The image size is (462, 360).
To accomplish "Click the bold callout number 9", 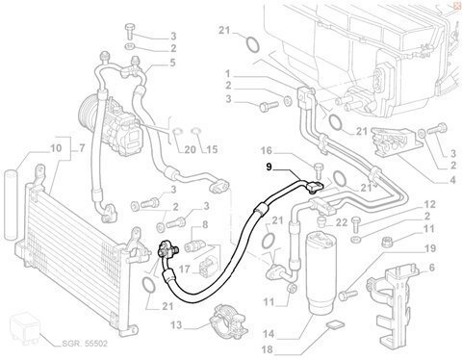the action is tap(269, 167).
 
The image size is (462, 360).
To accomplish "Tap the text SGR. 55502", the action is tap(85, 344).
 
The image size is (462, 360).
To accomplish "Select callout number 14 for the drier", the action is tap(269, 334).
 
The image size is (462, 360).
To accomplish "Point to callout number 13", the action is tap(176, 325).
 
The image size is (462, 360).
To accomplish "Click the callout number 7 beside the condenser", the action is tap(82, 148).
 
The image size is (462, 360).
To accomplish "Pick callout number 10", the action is tap(56, 148).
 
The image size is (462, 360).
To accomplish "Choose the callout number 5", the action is tap(172, 63).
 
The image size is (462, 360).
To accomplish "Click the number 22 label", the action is tap(342, 222).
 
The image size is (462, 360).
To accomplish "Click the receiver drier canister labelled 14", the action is tap(321, 271).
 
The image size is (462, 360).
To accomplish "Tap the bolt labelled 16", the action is tap(318, 170).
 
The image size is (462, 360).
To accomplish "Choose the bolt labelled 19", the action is tap(348, 293).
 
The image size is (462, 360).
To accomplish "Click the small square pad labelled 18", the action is tap(336, 324).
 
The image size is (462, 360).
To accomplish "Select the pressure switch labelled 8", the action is tap(194, 247).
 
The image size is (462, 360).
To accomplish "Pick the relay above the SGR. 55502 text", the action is tap(25, 329).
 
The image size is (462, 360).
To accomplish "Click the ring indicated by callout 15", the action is tap(195, 131).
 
